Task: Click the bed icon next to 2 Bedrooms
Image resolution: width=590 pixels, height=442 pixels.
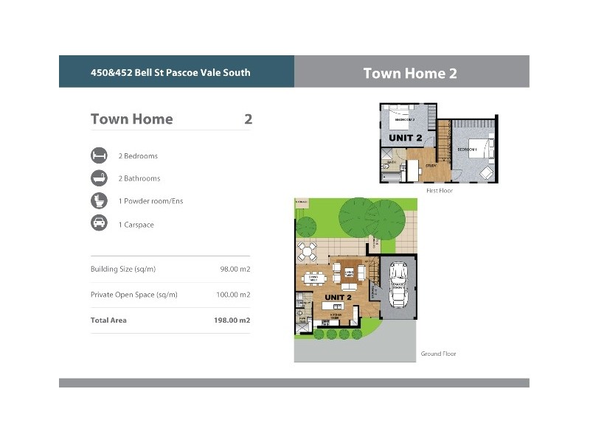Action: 99,156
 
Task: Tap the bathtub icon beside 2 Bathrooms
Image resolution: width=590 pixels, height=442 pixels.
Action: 99,178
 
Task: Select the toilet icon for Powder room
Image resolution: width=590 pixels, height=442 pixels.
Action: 99,201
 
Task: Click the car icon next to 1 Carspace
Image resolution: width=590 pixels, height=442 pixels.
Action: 99,224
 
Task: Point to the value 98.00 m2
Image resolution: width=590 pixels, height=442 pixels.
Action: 235,270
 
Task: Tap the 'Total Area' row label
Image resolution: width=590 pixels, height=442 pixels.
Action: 108,320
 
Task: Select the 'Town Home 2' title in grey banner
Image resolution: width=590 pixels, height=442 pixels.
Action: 410,73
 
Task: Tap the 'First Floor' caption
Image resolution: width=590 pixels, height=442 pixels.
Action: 440,192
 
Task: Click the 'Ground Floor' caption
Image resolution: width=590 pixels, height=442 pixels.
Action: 438,354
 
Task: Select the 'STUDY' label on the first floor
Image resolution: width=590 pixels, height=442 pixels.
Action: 431,166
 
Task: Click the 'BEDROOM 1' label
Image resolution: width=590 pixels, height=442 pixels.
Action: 468,150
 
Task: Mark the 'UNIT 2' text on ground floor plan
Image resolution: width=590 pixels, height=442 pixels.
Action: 339,298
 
